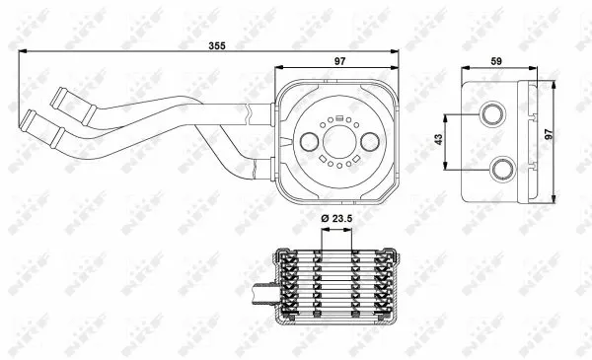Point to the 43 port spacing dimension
(x=439, y=142)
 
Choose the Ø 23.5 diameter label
(x=337, y=218)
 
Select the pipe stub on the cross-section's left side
(x=261, y=292)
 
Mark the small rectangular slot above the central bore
(x=337, y=120)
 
